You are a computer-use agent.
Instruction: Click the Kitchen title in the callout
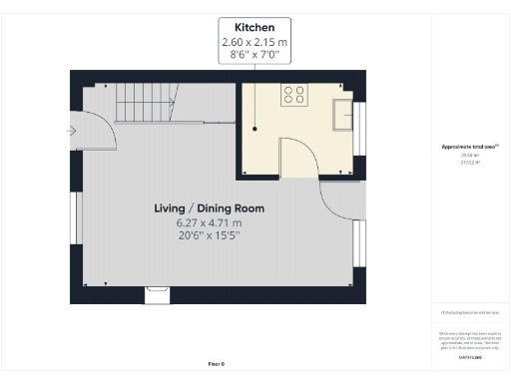point(255,27)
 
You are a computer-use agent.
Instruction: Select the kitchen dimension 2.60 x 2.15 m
point(255,42)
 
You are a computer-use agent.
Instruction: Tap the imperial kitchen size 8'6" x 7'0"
point(255,56)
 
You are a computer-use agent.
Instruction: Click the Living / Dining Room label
point(209,208)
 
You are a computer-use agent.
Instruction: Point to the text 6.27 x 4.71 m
point(209,223)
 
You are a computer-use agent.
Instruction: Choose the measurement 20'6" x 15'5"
point(209,237)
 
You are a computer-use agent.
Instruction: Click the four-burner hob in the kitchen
point(294,96)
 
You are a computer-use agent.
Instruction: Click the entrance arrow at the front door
point(70,130)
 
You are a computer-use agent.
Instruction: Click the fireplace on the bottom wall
point(158,292)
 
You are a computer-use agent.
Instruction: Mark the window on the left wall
point(74,216)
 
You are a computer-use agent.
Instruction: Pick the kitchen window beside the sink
point(360,121)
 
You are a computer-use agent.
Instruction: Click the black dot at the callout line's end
point(255,129)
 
